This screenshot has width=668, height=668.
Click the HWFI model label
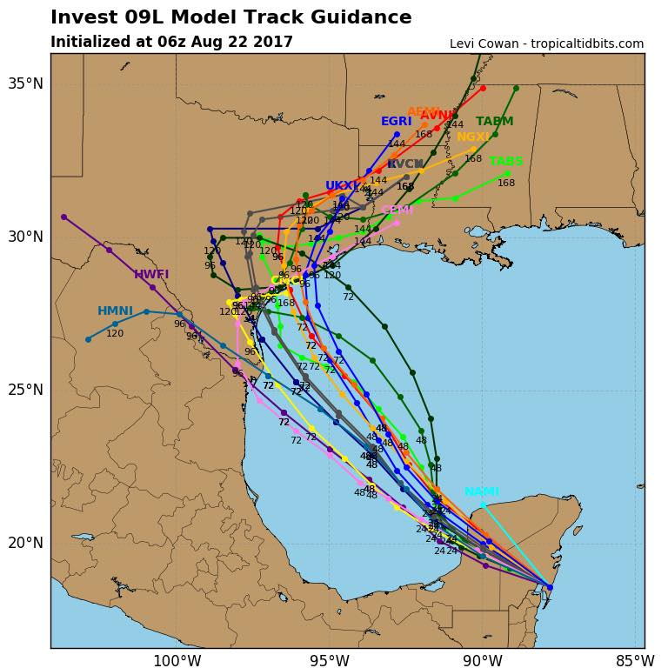(151, 275)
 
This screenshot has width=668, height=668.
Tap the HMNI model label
(115, 311)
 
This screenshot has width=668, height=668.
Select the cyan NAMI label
(482, 492)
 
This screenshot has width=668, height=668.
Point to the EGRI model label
(396, 122)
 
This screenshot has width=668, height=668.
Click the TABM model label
(494, 122)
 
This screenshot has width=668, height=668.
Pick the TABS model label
(506, 162)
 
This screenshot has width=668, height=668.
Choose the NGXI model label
(473, 137)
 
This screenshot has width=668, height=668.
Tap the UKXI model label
(342, 186)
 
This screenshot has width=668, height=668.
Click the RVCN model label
(405, 164)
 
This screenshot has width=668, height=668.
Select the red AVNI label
(437, 116)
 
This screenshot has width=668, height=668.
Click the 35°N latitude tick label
(25, 83)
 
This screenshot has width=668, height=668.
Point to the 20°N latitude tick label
(25, 543)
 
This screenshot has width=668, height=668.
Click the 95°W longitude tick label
(329, 661)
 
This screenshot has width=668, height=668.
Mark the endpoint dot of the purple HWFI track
(63, 217)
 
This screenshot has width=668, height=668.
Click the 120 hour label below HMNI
(115, 333)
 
